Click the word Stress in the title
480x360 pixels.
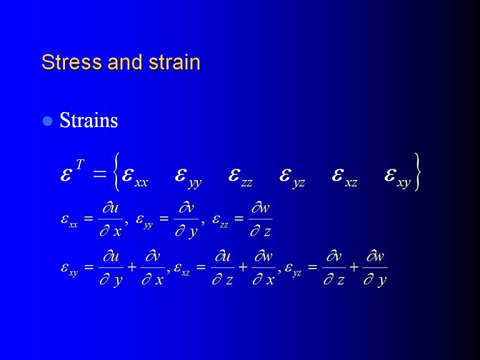(72, 62)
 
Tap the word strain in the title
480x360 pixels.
(174, 62)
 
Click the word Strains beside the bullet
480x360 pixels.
(89, 120)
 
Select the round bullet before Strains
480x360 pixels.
(47, 121)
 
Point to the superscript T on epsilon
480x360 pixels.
(79, 165)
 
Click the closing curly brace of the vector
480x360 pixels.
(416, 172)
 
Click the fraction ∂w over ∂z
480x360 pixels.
(261, 219)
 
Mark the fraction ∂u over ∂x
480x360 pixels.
(111, 219)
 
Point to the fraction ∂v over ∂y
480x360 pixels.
(186, 220)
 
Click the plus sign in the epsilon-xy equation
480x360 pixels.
(132, 267)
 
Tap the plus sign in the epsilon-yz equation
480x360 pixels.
(354, 267)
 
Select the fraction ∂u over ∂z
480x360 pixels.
(223, 268)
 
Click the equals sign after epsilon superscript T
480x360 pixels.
(99, 174)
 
